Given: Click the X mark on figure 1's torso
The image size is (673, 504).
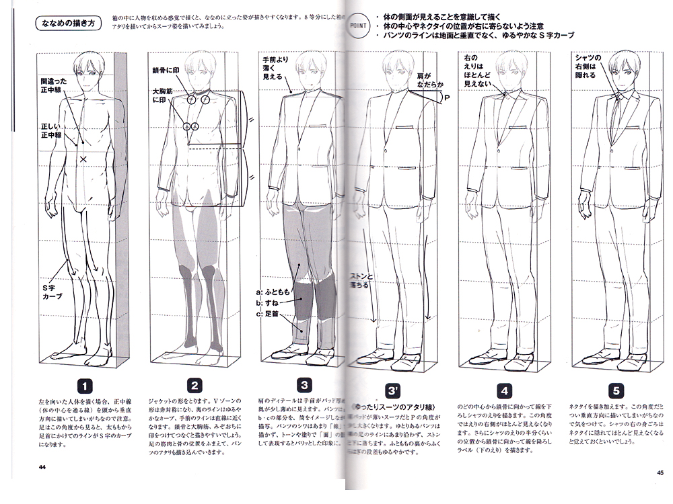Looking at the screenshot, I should tap(83, 159).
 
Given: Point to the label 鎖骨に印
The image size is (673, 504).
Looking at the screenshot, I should tap(165, 69).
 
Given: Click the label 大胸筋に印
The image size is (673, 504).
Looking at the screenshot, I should tap(164, 94).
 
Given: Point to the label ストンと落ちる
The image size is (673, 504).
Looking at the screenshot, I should tap(361, 280).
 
